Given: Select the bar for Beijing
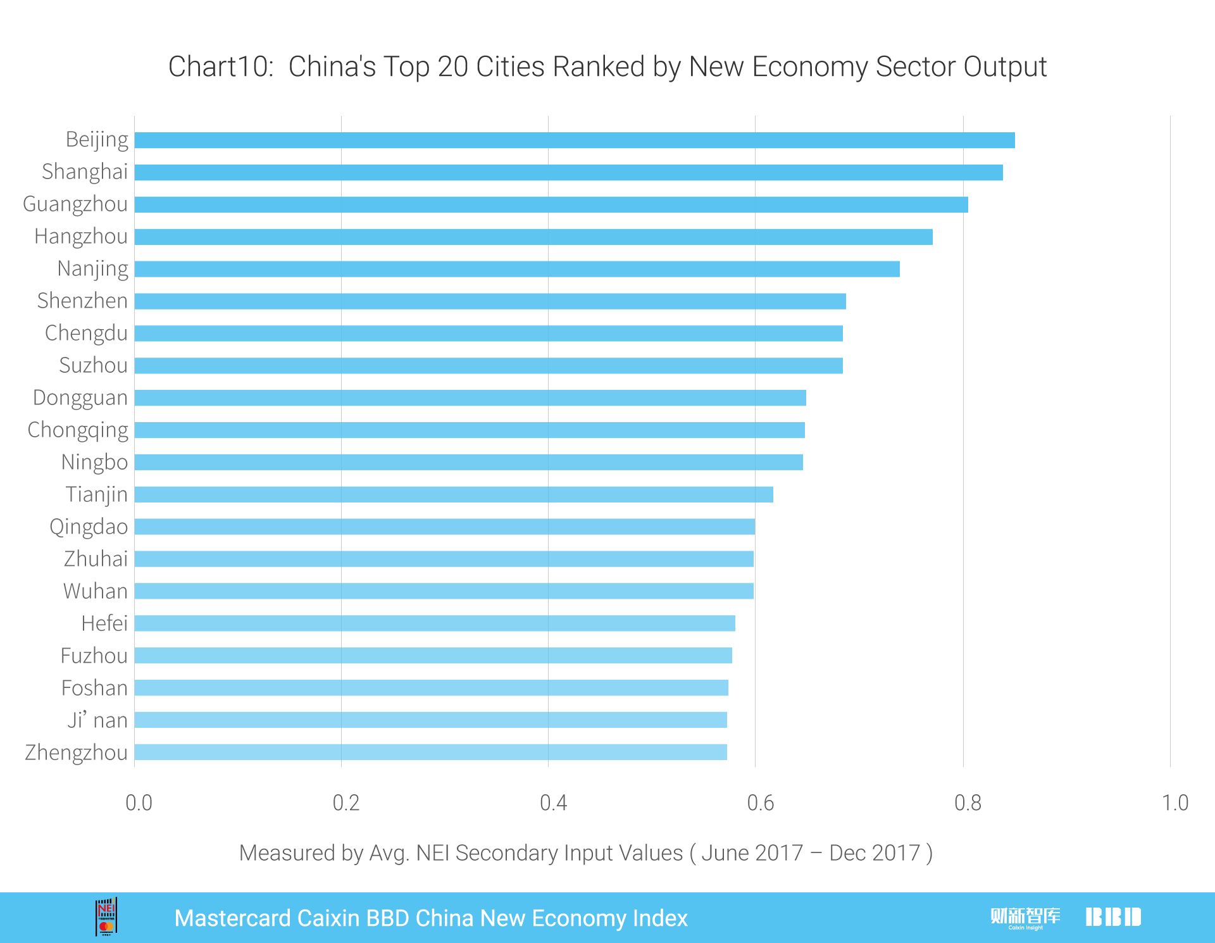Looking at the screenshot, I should tap(575, 141).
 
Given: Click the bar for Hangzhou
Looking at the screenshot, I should tap(533, 237).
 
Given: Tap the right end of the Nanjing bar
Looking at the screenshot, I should tap(897, 269).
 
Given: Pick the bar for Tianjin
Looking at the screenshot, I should tap(454, 494).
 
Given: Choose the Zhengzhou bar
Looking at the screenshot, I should tap(430, 752).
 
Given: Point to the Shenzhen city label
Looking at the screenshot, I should tap(82, 301).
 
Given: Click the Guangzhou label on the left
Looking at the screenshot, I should tap(75, 204).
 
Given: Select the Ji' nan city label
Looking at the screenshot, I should tap(97, 720).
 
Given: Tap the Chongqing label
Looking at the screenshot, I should tap(78, 430).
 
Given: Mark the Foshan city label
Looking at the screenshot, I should tap(94, 688).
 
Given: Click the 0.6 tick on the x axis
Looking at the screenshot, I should tap(760, 803).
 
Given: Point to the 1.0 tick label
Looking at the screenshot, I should tap(1174, 803).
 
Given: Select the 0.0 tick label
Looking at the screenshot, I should tap(139, 803).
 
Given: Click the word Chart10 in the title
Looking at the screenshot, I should tap(220, 66).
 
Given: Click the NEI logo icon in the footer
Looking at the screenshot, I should tap(106, 916).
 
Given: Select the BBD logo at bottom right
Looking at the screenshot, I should tap(1113, 917).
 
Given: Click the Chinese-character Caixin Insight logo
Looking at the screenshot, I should tap(1025, 917).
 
